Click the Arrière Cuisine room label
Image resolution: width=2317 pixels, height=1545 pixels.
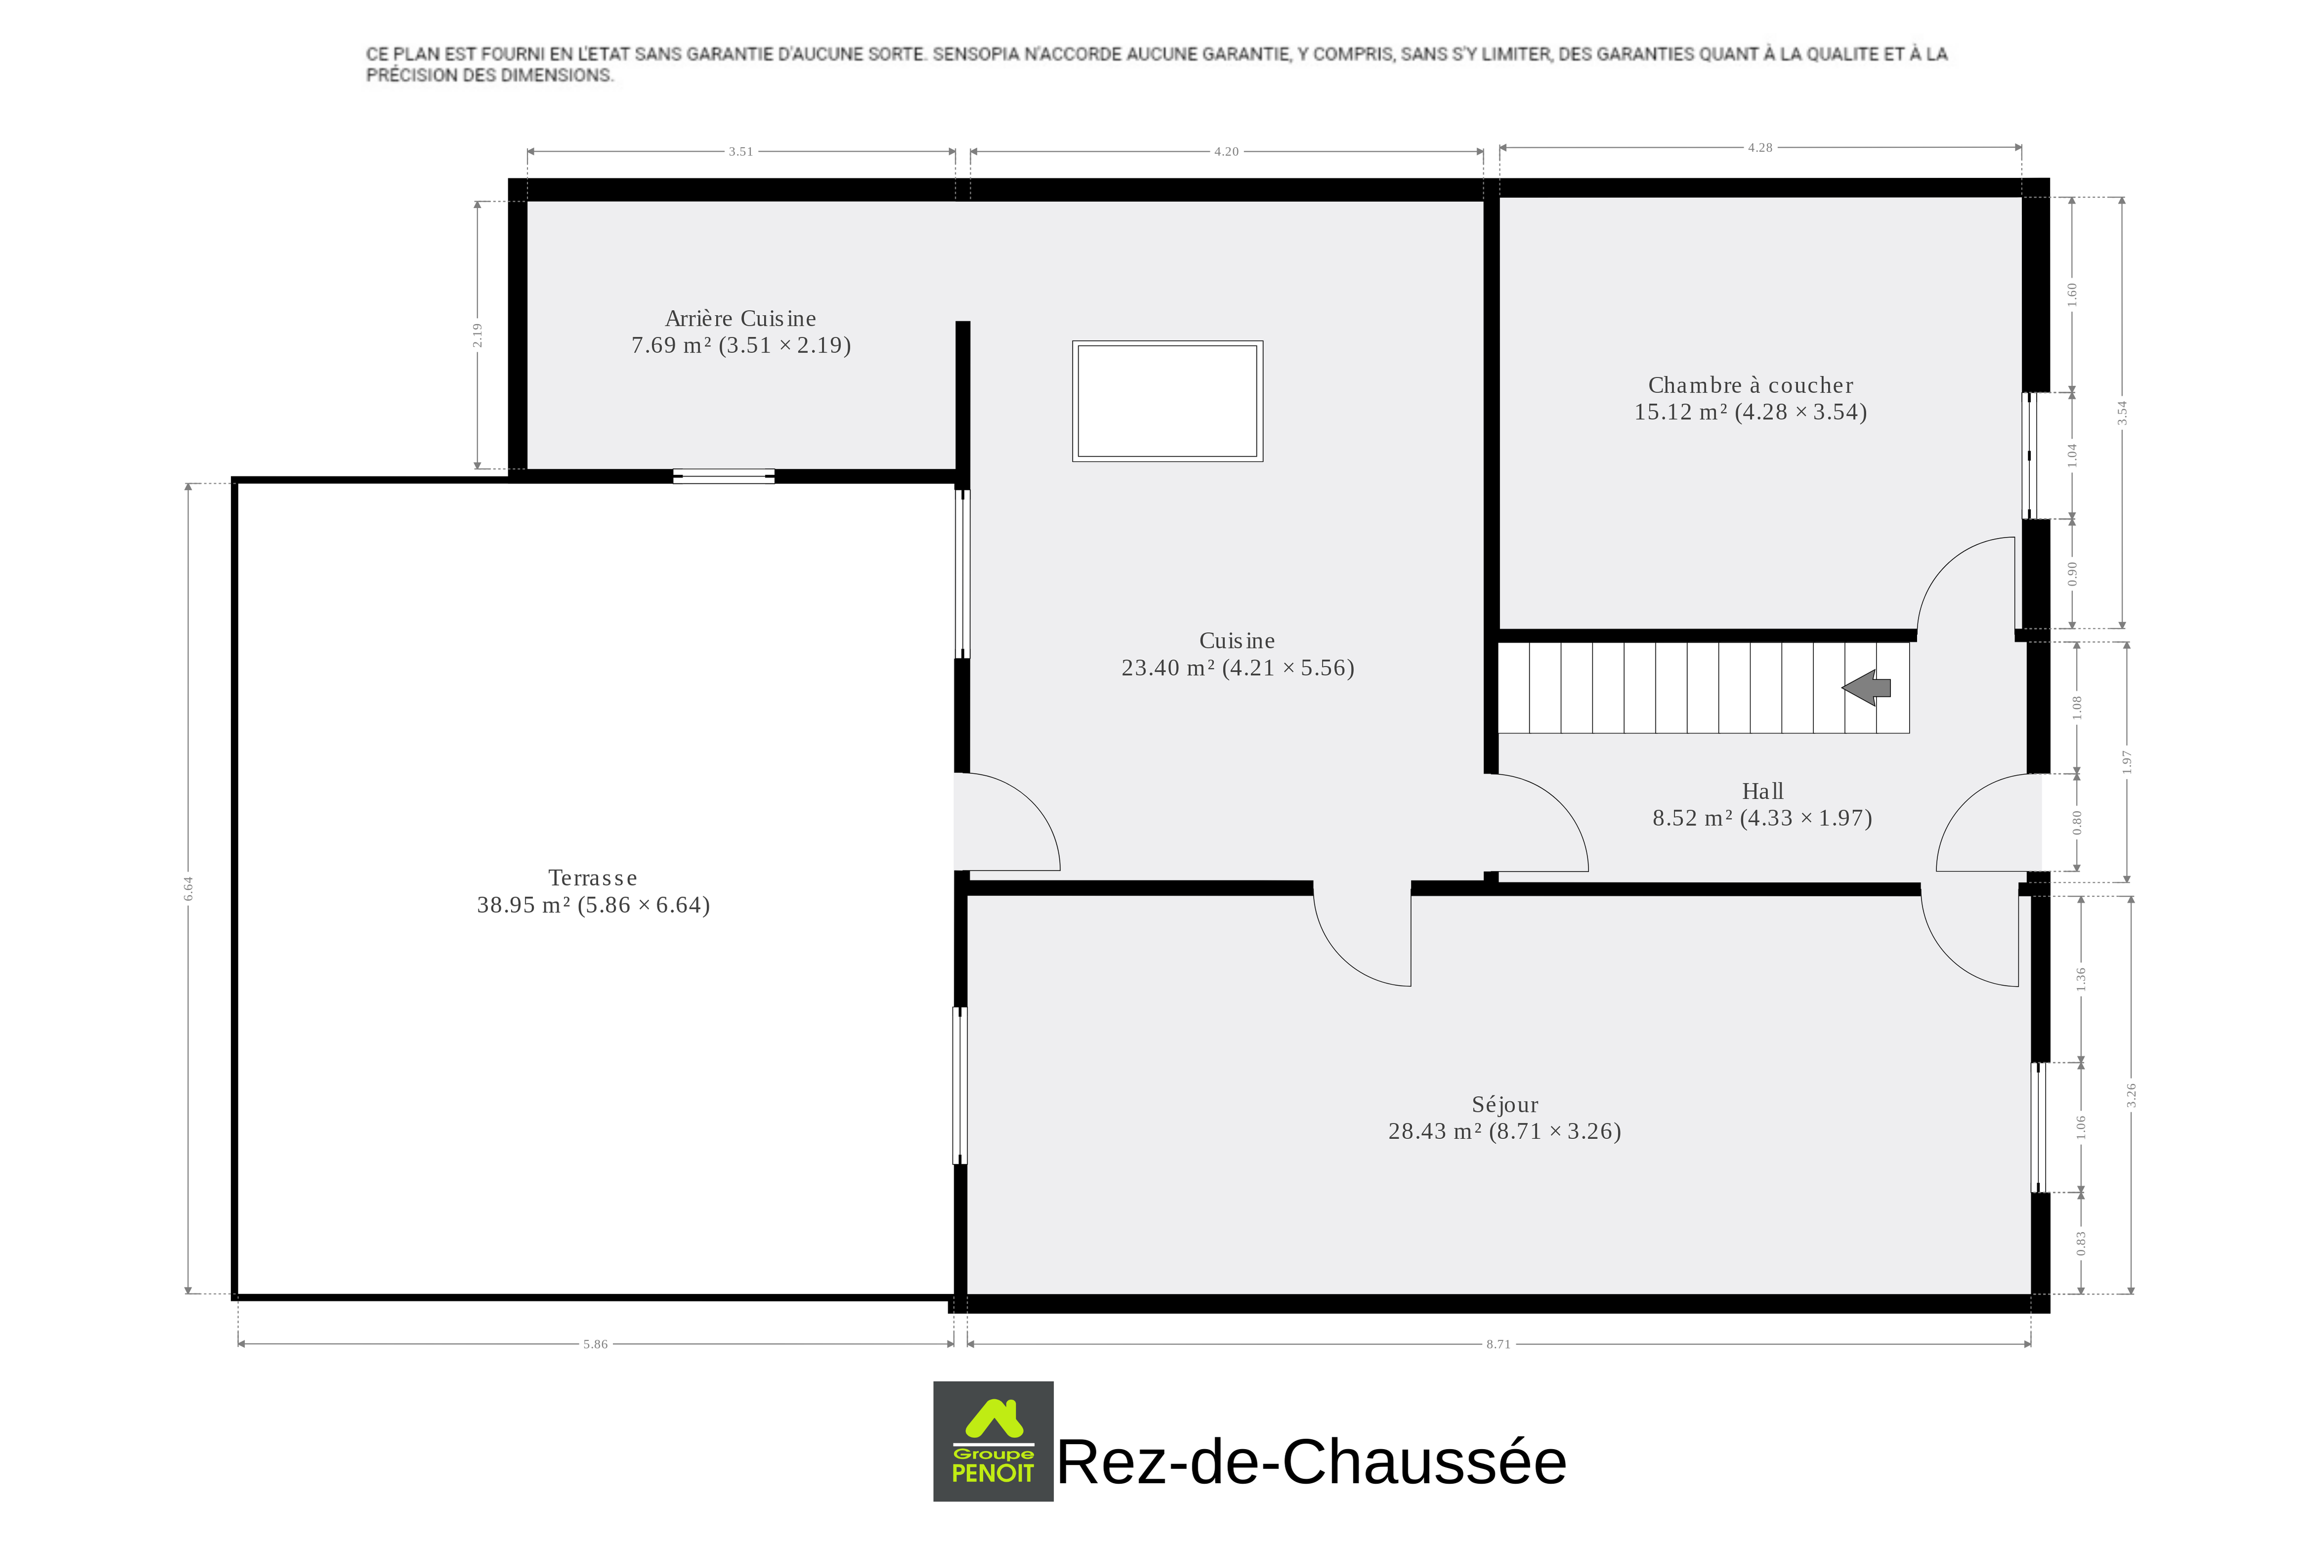[x=740, y=318]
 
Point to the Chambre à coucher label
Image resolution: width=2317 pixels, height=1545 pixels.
[x=1750, y=386]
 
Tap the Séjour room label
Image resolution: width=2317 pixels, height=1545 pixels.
[x=1505, y=1105]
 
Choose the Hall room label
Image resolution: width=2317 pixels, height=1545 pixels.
[x=1762, y=791]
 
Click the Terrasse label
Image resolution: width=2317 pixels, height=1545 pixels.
[x=592, y=878]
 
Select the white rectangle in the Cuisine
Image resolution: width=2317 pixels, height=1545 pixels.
[x=1168, y=401]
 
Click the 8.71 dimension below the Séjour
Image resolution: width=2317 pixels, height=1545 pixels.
[x=1498, y=1344]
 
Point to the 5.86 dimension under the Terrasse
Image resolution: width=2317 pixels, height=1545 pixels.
[x=595, y=1344]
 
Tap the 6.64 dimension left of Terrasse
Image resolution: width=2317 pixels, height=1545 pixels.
[x=188, y=889]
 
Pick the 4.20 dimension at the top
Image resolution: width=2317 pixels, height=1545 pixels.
[x=1226, y=152]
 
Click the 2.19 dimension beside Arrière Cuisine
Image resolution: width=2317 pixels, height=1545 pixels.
[x=477, y=335]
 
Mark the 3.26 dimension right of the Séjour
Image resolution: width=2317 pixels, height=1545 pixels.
[x=2131, y=1095]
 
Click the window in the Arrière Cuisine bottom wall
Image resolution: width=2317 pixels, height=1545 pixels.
[x=723, y=476]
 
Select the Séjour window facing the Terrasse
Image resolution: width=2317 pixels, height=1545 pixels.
[x=960, y=1085]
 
